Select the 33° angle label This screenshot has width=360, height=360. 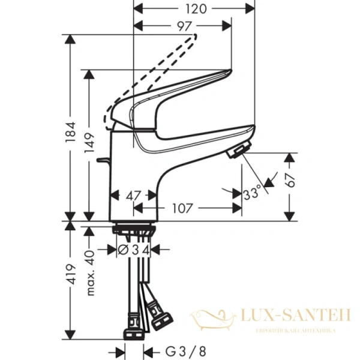tap(253, 193)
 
